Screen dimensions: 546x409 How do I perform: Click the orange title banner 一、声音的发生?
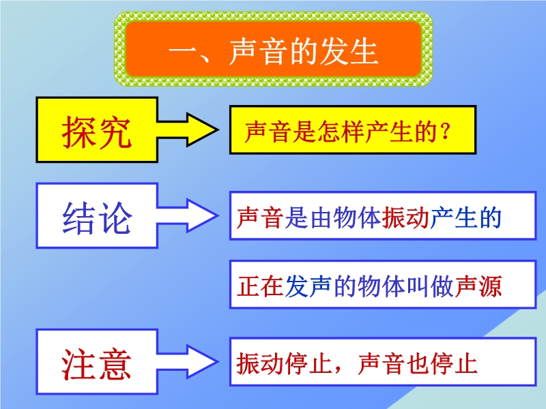pyautogui.click(x=273, y=49)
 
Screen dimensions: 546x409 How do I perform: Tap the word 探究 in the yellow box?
pyautogui.click(x=97, y=132)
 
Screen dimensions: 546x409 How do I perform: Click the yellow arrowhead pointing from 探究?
pyautogui.click(x=202, y=130)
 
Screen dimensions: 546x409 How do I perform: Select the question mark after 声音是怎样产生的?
pyautogui.click(x=446, y=132)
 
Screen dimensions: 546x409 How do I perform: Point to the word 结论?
pyautogui.click(x=97, y=218)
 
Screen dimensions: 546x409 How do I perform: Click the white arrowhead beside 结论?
pyautogui.click(x=202, y=215)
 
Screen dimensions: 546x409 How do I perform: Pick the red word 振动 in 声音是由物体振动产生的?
pyautogui.click(x=405, y=218)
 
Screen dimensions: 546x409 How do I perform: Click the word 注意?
pyautogui.click(x=96, y=364)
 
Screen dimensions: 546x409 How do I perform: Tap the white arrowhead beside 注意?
pyautogui.click(x=202, y=362)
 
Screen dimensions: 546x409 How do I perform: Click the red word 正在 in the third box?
pyautogui.click(x=260, y=286)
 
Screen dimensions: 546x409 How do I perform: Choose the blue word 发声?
pyautogui.click(x=308, y=286)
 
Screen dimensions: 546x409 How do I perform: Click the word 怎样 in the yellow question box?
pyautogui.click(x=341, y=132)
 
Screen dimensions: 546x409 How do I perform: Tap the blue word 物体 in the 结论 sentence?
pyautogui.click(x=356, y=218)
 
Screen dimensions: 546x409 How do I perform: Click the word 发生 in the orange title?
pyautogui.click(x=349, y=52)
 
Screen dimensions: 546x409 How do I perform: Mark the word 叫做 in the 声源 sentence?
pyautogui.click(x=430, y=286)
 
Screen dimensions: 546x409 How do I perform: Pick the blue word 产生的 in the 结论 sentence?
pyautogui.click(x=465, y=218)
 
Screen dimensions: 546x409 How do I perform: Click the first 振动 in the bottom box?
pyautogui.click(x=260, y=363)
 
